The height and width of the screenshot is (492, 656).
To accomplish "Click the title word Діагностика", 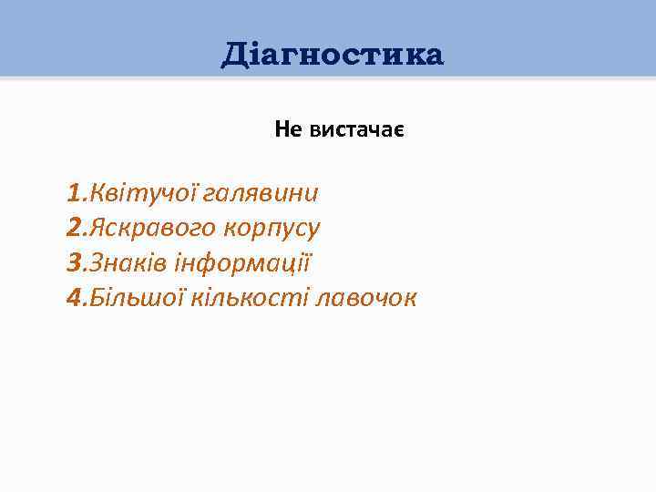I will click(333, 56).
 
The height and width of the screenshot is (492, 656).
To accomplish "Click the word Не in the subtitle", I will click(289, 131).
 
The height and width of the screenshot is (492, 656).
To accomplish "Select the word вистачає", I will click(357, 131).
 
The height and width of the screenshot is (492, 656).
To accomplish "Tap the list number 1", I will click(73, 194).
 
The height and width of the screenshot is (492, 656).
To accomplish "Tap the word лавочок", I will click(364, 298).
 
